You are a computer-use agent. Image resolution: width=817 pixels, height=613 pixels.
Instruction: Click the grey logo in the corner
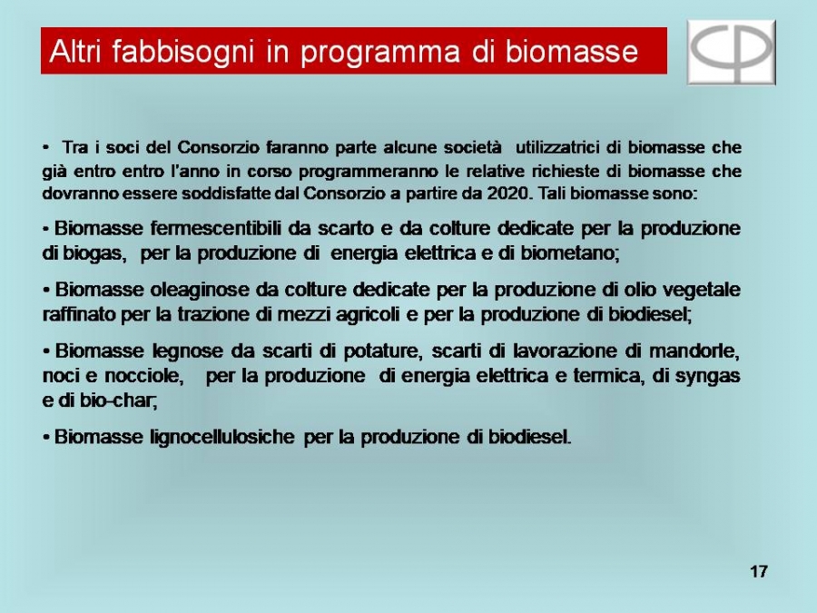pos(732,52)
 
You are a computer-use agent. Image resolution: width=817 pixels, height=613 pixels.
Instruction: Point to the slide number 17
pos(759,572)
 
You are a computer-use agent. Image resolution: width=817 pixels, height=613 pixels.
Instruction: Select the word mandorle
pos(694,351)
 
